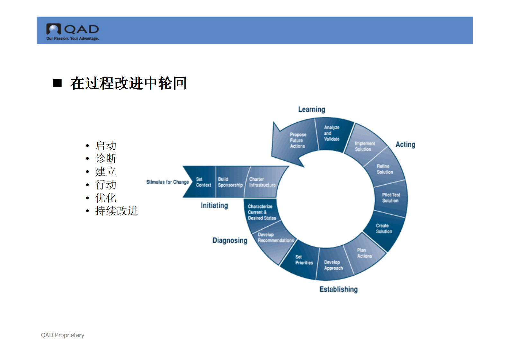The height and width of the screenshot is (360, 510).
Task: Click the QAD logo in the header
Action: point(72,31)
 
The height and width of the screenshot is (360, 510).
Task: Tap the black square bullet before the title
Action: point(57,83)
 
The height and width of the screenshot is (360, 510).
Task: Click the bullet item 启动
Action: point(105,145)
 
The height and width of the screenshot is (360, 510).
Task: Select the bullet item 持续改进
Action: point(116,211)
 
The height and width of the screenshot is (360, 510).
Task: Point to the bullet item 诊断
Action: point(105,158)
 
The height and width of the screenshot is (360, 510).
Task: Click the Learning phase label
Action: point(311,110)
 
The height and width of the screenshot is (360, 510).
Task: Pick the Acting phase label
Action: point(405,145)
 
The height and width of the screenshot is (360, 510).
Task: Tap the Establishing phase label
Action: point(338,289)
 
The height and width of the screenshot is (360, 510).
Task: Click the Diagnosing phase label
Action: point(230,241)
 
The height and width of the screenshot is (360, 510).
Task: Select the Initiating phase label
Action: point(214,206)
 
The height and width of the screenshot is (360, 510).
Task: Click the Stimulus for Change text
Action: point(167,182)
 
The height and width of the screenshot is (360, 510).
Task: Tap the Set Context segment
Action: point(203,182)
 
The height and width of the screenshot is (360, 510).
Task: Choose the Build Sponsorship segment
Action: point(230,182)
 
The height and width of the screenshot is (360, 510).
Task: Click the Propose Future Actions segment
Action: point(298,140)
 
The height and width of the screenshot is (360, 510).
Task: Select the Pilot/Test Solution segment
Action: point(391,198)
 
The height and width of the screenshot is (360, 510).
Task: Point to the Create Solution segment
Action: point(384,229)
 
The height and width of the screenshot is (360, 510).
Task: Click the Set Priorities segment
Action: point(304,260)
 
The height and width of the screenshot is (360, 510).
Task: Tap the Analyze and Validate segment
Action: point(332,133)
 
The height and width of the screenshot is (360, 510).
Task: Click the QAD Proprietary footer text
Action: point(63,335)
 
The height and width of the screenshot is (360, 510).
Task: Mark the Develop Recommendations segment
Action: point(275,238)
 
